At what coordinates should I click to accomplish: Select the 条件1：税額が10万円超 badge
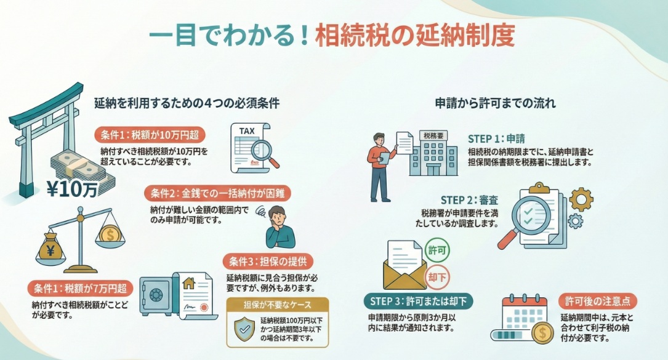click(x=150, y=135)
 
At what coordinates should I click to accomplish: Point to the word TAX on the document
click(x=246, y=130)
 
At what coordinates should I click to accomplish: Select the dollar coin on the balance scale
click(x=109, y=234)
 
